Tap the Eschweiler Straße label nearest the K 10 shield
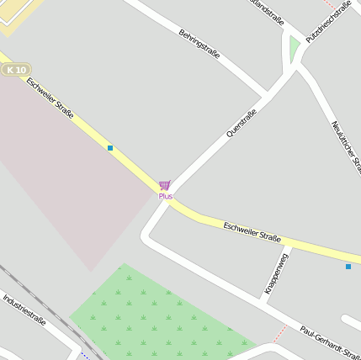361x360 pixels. (x=50, y=98)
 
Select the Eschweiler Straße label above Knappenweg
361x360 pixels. (x=252, y=232)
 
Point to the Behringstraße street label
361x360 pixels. (x=199, y=45)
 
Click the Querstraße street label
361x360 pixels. (x=242, y=123)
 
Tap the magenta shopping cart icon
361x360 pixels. (x=165, y=184)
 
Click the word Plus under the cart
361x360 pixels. (x=165, y=196)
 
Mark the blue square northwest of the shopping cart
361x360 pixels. (x=110, y=148)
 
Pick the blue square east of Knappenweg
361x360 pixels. (x=348, y=267)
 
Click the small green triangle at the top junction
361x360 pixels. (x=295, y=50)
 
